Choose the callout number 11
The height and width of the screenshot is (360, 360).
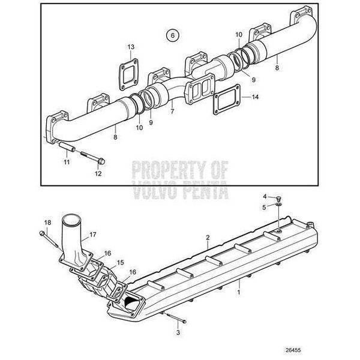pyautogui.click(x=67, y=163)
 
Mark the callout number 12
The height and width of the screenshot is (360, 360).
pyautogui.click(x=98, y=174)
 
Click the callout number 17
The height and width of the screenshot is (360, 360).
pyautogui.click(x=93, y=235)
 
